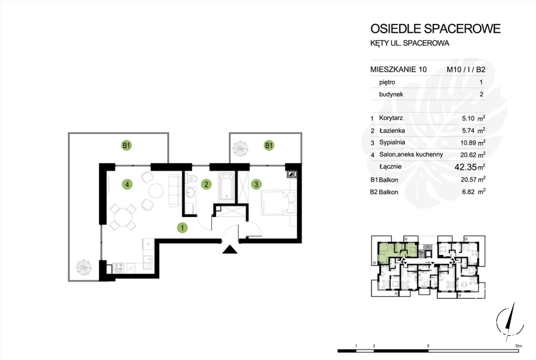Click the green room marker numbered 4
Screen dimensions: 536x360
[127, 184]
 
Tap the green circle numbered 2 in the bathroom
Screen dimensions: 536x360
[206, 184]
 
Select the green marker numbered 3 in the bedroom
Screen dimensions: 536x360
[256, 184]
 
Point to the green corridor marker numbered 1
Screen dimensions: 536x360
[182, 228]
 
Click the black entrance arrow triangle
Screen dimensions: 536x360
[230, 249]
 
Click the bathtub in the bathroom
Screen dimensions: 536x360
[227, 186]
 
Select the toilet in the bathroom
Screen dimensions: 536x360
[192, 179]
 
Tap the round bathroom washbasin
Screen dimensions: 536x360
[190, 193]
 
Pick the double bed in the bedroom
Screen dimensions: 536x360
[279, 203]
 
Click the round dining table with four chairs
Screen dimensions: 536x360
[123, 217]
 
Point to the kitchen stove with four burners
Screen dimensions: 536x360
[118, 268]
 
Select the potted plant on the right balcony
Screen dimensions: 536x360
[240, 148]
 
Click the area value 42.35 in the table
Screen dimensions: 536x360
[466, 167]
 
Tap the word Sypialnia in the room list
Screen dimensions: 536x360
[392, 142]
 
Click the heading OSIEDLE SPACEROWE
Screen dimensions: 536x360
[435, 29]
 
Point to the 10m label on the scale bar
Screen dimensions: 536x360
[518, 346]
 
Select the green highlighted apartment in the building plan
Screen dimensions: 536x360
[397, 252]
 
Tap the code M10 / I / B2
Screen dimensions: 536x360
[466, 70]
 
